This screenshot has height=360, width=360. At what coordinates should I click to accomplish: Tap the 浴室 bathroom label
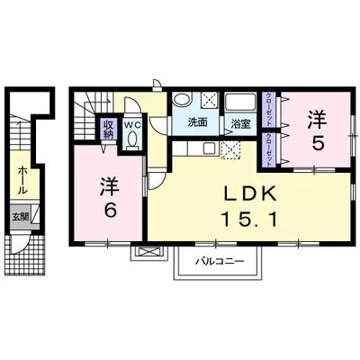coord(239,123)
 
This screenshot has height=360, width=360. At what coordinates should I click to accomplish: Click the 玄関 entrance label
coord(20,216)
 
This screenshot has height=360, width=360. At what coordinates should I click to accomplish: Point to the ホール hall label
coord(20,179)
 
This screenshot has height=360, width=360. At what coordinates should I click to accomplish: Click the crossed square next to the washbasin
coord(208,101)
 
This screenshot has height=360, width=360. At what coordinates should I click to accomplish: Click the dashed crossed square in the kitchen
coord(229,150)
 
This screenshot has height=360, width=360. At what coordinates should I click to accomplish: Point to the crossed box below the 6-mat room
coord(143,253)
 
